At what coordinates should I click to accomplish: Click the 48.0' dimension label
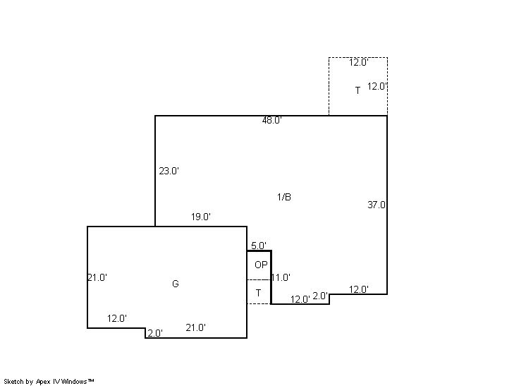(272, 120)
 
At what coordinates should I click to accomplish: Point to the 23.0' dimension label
(169, 171)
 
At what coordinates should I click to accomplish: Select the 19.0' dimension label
(201, 217)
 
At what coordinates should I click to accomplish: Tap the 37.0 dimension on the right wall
(377, 205)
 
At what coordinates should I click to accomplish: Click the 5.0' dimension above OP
(259, 246)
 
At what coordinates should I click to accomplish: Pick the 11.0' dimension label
(281, 277)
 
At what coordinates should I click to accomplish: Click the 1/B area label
(284, 197)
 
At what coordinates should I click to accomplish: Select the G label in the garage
(176, 284)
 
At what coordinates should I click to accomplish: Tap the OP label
(261, 265)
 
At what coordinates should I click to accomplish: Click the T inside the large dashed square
(358, 90)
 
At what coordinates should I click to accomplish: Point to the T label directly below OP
(258, 293)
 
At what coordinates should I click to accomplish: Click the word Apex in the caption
(43, 382)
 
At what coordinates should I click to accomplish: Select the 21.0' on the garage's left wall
(97, 277)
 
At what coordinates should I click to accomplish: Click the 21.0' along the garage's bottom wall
(196, 327)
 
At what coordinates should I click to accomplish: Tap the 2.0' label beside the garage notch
(155, 333)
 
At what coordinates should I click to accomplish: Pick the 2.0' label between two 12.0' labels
(320, 296)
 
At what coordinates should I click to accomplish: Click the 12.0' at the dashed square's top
(359, 62)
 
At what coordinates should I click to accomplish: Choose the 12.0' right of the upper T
(377, 86)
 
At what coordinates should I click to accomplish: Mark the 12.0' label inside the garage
(117, 318)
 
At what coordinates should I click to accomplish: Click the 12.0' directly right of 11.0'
(300, 299)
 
